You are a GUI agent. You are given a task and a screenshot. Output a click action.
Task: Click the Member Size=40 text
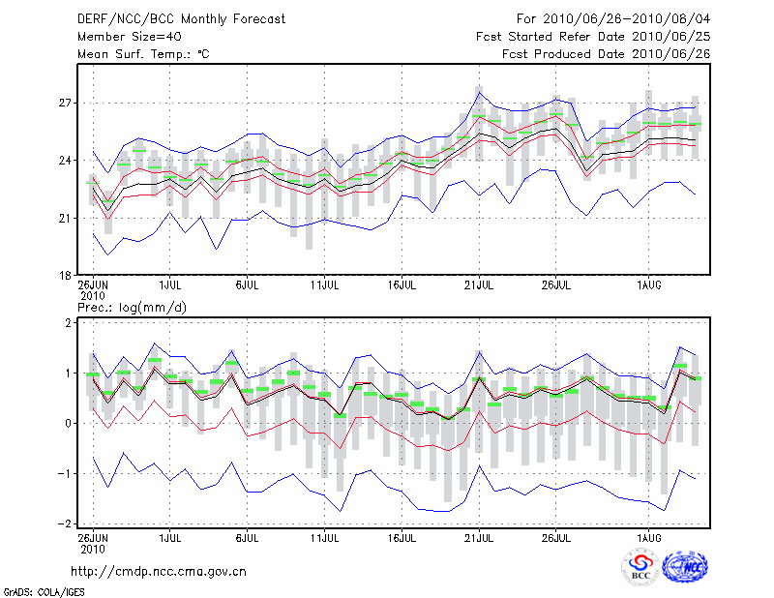pos(124,37)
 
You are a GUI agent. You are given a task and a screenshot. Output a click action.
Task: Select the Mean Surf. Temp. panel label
pos(143,54)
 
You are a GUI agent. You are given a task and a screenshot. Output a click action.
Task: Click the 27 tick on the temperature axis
pos(64,103)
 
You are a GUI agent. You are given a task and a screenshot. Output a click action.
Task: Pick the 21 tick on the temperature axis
pos(64,218)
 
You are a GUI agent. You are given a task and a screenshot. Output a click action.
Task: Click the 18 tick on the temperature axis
pos(64,276)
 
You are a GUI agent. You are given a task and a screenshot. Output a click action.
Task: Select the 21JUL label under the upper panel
pos(479,286)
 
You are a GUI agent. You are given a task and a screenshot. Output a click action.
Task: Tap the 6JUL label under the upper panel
pos(247,286)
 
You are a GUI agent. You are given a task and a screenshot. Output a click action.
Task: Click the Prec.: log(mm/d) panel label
pos(134,308)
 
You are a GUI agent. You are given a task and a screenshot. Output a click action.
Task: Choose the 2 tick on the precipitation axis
pos(67,322)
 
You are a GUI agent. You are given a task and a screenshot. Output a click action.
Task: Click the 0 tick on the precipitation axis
pos(67,423)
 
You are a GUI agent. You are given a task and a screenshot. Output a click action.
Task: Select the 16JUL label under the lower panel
pos(402,535)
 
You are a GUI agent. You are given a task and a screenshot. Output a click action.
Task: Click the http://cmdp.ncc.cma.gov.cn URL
pos(159,572)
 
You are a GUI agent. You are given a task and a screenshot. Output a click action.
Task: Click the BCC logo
pos(640,570)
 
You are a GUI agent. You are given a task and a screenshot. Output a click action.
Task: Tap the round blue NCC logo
pos(685,570)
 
